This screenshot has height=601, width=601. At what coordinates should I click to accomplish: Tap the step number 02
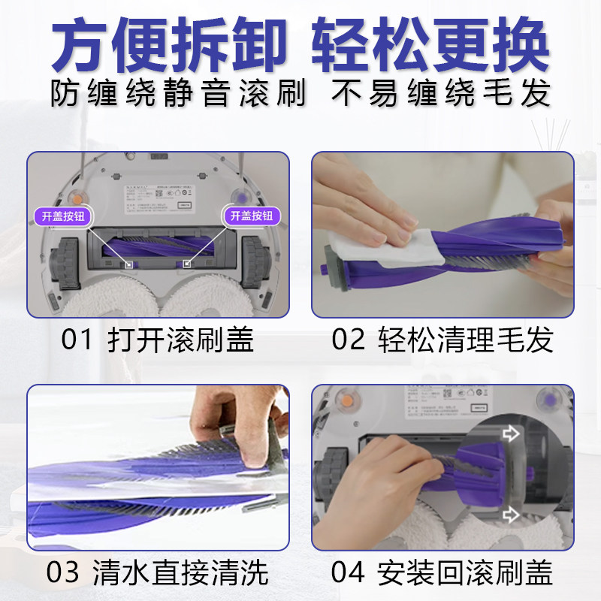tap(346, 340)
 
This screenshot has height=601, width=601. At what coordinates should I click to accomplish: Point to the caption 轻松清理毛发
tap(467, 340)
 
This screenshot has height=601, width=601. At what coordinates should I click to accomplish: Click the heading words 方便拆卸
tap(169, 47)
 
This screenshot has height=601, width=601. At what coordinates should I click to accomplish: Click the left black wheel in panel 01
tap(65, 263)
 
